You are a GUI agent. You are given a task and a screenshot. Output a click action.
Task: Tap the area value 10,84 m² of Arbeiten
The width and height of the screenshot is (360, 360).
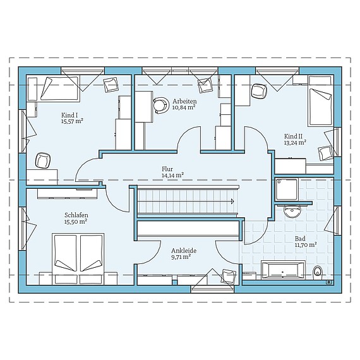coord(184,107)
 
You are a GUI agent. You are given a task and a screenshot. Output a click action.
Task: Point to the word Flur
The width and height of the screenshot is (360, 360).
coord(167,169)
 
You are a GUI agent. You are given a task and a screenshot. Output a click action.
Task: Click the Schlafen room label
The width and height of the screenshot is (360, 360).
coord(76,215)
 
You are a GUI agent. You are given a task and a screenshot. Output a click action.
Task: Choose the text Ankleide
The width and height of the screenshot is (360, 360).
coord(184,251)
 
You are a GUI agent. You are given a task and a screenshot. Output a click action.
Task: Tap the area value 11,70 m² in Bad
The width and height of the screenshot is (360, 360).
coord(306,245)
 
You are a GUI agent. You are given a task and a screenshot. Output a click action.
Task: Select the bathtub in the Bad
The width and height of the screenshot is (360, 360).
coord(284,270)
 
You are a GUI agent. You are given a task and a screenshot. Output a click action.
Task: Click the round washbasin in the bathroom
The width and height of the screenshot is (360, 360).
coord(292,211)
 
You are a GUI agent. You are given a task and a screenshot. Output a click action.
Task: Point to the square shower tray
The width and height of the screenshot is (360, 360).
coord(287,189)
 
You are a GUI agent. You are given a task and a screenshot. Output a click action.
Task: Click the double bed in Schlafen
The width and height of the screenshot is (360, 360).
coord(78,259)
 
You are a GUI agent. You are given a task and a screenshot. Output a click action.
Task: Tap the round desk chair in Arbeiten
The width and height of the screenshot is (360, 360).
coord(160,105)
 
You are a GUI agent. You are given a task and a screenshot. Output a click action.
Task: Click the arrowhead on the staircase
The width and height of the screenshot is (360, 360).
coord(232,201)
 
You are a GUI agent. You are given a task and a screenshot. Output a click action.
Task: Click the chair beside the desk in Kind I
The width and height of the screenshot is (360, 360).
coord(43,160)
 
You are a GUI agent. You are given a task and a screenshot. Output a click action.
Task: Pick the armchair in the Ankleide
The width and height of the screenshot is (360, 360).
coord(229,277)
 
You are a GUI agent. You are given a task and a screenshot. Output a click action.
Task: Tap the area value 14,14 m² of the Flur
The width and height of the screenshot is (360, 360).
coord(172,176)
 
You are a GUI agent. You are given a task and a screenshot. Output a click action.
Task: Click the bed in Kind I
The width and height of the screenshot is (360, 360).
coord(54,89)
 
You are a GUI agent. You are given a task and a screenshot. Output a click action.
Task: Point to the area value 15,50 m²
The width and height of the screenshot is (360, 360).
coord(76,222)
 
